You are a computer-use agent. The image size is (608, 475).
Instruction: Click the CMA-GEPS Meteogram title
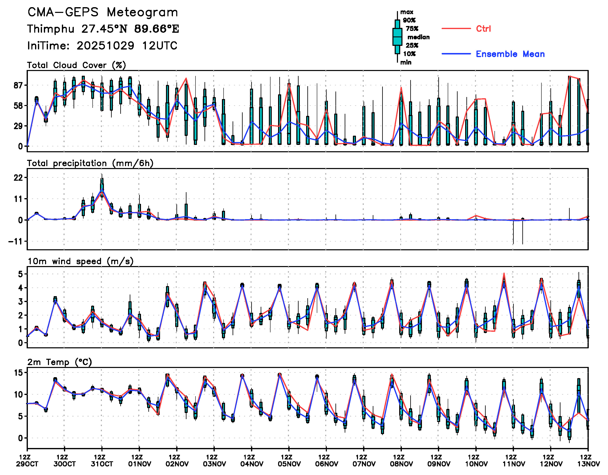103,12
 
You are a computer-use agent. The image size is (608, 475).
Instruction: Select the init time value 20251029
106,46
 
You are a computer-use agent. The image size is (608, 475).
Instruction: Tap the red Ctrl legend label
483,29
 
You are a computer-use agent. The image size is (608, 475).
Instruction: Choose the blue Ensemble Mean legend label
510,54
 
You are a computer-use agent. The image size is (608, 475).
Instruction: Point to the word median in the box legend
418,37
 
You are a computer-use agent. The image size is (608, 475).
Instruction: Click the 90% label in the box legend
409,20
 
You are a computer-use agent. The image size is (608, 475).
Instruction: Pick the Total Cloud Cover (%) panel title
77,65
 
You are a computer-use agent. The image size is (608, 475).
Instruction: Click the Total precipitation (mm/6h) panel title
90,163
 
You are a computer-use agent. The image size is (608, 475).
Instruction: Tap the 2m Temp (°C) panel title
60,362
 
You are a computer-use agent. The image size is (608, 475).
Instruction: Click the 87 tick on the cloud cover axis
18,85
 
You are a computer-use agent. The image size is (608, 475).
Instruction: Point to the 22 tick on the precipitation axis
18,177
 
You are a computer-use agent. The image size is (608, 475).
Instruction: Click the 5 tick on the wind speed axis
20,274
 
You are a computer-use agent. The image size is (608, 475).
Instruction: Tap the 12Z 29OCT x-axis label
27,460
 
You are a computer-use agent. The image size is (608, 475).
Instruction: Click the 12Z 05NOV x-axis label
289,460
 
